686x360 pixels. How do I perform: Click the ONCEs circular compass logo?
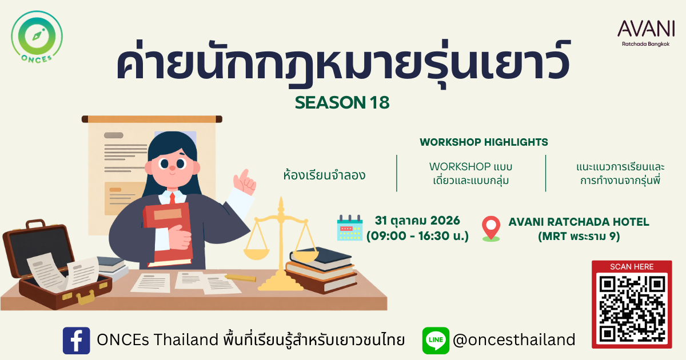point(37,37)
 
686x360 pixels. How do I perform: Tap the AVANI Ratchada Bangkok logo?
point(646,33)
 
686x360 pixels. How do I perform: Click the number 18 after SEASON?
point(380,102)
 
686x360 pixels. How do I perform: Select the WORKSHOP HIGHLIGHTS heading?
point(484,142)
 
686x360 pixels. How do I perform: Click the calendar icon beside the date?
point(350,227)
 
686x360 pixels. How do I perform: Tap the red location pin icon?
point(491,229)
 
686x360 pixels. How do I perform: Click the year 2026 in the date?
point(445,221)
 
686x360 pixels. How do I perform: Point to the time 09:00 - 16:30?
point(417,236)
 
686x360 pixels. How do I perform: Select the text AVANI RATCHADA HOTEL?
point(579,222)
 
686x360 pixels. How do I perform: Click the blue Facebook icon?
point(76,341)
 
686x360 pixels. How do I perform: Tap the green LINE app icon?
point(436,341)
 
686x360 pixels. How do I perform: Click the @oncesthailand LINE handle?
point(514,340)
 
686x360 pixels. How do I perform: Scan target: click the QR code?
point(632,309)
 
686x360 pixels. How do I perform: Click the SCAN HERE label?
point(632,267)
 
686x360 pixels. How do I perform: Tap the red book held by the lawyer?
point(168,234)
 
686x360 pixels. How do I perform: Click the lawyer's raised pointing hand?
point(245,182)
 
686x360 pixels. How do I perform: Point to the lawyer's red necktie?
point(173,198)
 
